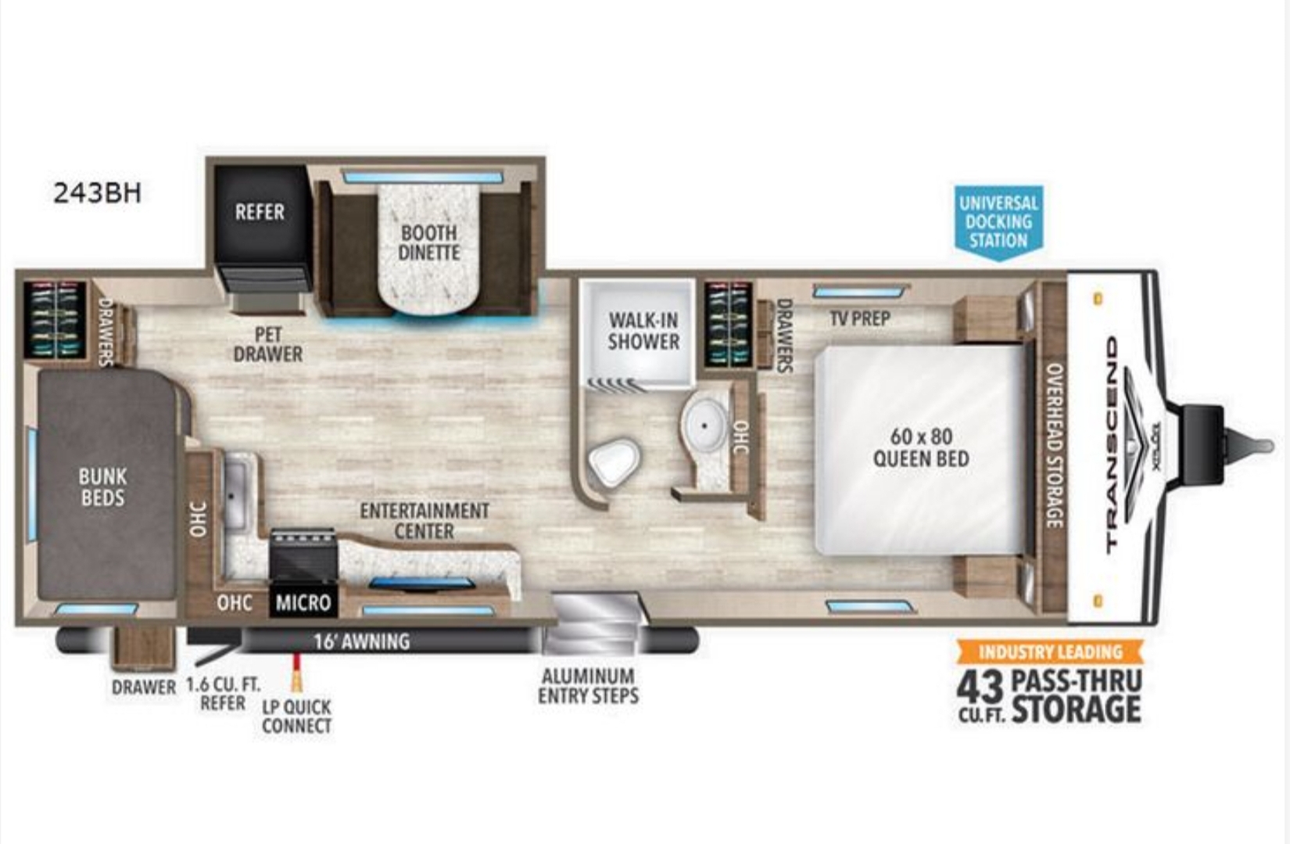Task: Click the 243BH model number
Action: (97, 193)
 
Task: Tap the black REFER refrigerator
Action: (262, 224)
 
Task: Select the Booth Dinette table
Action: (429, 249)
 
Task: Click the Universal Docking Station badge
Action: (998, 222)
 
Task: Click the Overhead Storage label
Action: (1054, 445)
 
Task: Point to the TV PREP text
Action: (860, 318)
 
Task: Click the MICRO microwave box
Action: (303, 602)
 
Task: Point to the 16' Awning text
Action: (362, 641)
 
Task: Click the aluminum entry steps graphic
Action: (595, 623)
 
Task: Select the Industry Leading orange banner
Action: (1051, 652)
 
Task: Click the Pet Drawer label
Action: (268, 344)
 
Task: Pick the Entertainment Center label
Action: (425, 521)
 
